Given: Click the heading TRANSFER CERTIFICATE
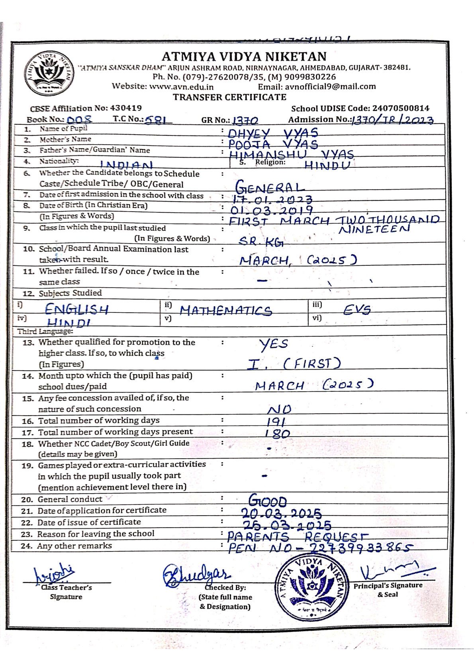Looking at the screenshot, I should [229, 97].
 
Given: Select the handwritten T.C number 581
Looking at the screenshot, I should [158, 120].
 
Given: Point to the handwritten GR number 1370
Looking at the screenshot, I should [245, 120].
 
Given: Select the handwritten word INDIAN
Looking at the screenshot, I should [126, 165].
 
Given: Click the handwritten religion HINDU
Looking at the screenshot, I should [327, 165].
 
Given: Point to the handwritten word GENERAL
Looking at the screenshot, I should [270, 186].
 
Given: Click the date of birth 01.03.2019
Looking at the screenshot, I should [272, 210].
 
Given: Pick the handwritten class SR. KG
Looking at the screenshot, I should [261, 241].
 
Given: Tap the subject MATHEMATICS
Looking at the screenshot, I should [225, 310].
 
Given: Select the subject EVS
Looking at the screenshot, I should [356, 310].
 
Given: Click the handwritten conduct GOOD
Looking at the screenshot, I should [267, 500].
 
